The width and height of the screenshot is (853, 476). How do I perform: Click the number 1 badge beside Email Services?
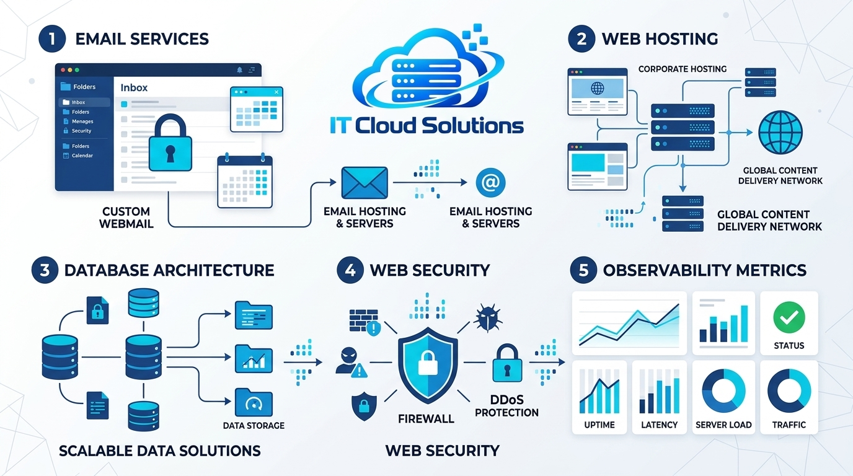click(x=52, y=38)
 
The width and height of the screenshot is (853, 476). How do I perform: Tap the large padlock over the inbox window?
click(x=170, y=143)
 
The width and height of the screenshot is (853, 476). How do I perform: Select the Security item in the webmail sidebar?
click(x=81, y=131)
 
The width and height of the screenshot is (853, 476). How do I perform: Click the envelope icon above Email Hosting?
click(x=365, y=183)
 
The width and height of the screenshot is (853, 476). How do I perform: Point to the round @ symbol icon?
click(x=490, y=183)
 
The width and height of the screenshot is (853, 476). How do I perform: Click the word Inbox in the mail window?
click(x=134, y=87)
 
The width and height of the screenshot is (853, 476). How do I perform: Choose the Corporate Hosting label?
click(x=683, y=69)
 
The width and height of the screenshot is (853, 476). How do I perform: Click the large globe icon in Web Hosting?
click(x=780, y=133)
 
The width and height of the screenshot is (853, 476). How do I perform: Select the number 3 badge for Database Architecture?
click(x=45, y=270)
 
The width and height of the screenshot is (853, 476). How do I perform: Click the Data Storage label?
click(x=254, y=425)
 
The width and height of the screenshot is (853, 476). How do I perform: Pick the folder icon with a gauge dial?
click(x=254, y=402)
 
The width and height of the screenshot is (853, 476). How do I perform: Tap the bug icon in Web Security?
click(x=488, y=317)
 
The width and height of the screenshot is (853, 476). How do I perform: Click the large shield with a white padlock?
click(x=428, y=365)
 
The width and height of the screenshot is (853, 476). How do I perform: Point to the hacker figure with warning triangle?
click(x=351, y=363)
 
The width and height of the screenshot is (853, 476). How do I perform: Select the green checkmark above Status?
click(x=789, y=317)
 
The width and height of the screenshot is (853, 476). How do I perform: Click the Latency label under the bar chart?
click(x=659, y=425)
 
